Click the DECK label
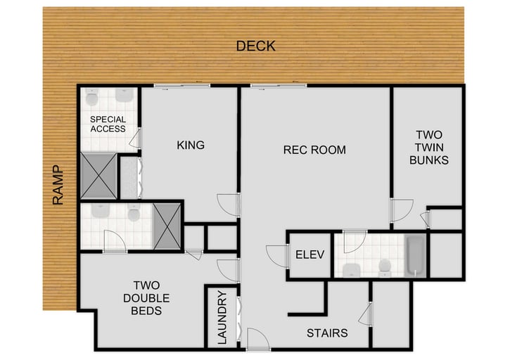click(255, 46)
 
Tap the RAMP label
click(58, 185)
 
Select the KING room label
click(190, 146)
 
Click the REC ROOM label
click(314, 150)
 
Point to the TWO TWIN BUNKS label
click(428, 147)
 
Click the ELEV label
click(310, 255)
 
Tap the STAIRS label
click(326, 333)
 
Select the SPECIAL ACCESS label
click(108, 124)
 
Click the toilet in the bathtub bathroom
click(384, 267)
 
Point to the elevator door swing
click(276, 255)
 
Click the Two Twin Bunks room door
click(401, 210)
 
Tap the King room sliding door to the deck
click(181, 86)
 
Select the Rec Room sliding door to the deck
click(278, 86)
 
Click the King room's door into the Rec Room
click(229, 205)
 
